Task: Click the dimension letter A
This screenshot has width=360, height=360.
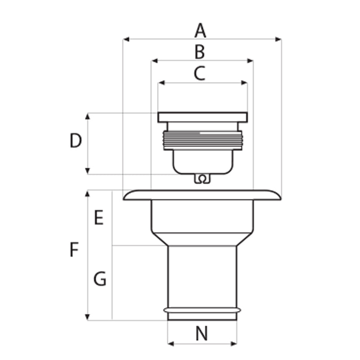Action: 200,31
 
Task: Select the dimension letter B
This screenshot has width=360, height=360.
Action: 200,52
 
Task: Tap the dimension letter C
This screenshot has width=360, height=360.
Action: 199,73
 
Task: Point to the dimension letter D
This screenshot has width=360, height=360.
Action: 76,141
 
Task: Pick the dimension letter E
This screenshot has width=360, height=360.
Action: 99,218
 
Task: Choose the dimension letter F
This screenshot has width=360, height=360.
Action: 75,250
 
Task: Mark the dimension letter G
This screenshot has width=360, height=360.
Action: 99,279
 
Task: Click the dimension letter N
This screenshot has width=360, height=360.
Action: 202,334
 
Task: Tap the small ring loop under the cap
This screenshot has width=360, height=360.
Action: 202,179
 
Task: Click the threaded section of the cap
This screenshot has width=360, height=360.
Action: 202,140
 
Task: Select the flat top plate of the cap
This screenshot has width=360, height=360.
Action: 202,117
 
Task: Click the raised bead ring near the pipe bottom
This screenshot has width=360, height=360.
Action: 202,310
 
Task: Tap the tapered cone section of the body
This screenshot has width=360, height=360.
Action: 202,239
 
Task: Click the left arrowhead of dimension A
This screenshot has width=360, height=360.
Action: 126,39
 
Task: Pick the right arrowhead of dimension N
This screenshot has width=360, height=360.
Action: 234,344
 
